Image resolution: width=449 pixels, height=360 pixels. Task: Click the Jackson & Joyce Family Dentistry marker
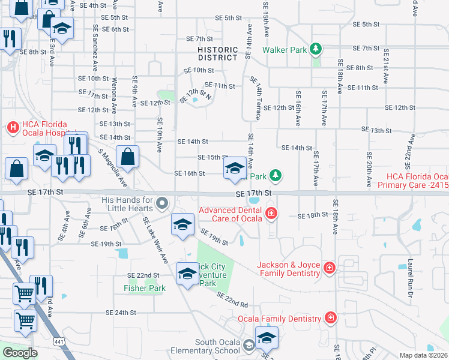(329, 268)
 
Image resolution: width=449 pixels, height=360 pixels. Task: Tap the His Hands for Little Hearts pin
(161, 204)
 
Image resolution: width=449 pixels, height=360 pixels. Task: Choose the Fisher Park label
(144, 288)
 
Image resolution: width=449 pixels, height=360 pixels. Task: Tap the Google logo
(20, 352)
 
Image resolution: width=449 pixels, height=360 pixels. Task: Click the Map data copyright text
(423, 355)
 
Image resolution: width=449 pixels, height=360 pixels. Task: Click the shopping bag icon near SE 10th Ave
(127, 157)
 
